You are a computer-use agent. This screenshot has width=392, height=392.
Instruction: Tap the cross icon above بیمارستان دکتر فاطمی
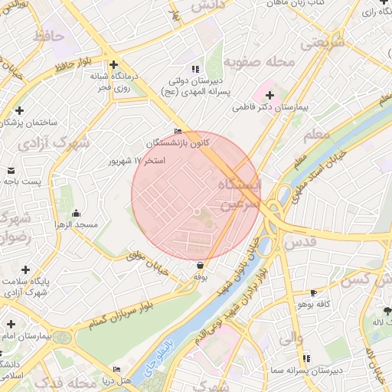point(269,95)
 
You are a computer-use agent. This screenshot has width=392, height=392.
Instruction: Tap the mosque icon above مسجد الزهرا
point(76,213)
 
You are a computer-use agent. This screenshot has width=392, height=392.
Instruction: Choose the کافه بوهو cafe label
point(313,305)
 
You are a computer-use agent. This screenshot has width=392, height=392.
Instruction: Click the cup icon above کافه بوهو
point(313,293)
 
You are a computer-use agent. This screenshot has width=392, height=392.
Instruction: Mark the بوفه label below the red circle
point(201,276)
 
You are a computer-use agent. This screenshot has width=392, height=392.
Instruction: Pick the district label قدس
point(299,243)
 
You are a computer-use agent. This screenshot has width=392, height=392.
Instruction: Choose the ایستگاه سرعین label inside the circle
point(240,195)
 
